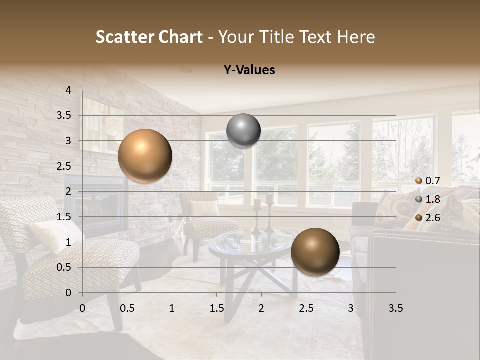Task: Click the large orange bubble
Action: point(145,156)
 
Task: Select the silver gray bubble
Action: point(243,131)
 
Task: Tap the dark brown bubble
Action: point(315,252)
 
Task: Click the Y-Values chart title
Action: point(249,70)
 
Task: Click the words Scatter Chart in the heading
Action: point(149,37)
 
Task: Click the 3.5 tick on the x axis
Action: point(395,308)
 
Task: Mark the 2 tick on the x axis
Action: point(261,308)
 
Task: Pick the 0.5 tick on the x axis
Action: point(127,308)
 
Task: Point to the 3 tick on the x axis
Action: point(351,308)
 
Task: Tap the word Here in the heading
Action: point(356,37)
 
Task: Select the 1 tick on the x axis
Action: point(172,308)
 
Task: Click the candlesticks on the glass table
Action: point(263,215)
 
